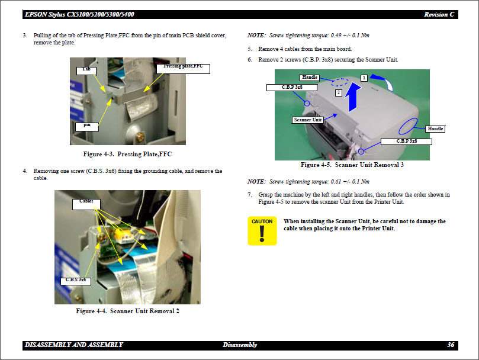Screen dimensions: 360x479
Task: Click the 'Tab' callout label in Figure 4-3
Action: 86,70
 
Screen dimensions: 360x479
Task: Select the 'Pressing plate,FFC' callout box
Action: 183,67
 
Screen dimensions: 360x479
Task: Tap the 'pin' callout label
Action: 86,126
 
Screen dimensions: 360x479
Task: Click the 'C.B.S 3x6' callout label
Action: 76,279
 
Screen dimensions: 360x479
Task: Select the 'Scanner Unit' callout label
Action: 308,120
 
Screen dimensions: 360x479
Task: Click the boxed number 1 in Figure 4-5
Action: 364,78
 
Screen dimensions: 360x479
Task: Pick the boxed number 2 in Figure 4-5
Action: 338,93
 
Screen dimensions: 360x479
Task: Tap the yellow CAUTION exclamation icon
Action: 262,231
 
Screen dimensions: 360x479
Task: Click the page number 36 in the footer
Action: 451,345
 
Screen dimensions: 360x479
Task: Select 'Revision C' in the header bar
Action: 439,14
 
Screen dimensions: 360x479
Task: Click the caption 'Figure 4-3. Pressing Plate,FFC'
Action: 128,154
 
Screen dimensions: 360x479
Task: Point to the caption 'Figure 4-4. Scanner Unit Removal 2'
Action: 128,311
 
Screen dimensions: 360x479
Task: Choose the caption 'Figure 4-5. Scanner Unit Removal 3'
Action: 352,165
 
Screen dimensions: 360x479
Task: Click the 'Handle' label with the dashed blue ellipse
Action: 310,78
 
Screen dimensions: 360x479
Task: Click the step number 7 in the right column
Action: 250,194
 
